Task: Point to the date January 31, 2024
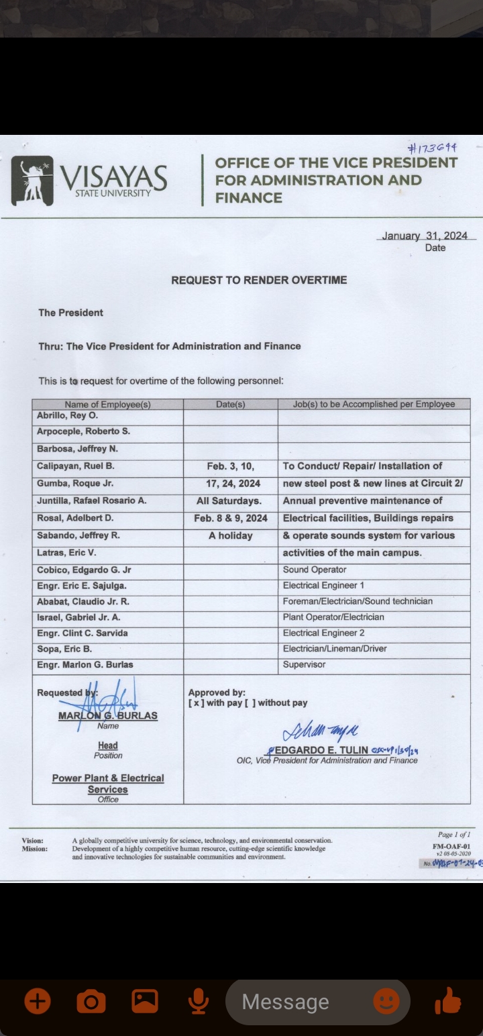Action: (425, 236)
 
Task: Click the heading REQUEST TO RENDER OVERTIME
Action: (259, 280)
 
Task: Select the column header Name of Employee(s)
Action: (107, 405)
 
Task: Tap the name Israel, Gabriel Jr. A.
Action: (78, 617)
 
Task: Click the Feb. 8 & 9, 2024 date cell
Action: (231, 518)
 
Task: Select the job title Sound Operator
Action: (315, 570)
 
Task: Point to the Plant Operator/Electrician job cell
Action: (333, 617)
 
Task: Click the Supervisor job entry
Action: (304, 664)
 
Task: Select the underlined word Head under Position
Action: (107, 745)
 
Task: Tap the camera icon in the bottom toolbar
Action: (91, 1002)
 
